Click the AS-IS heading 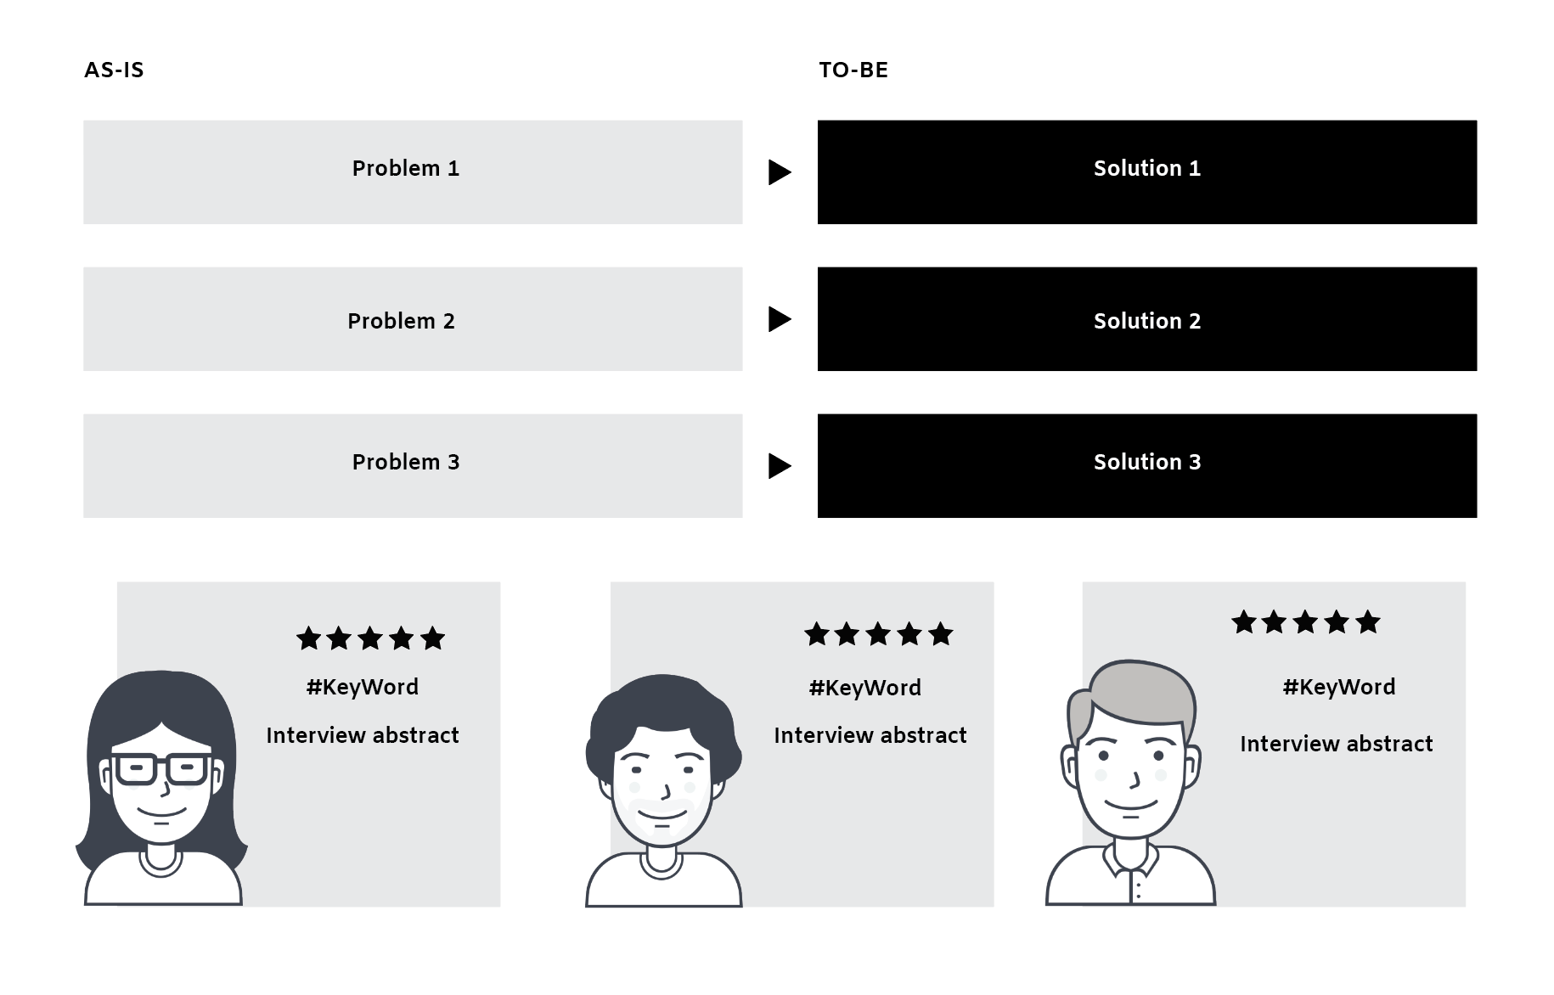coord(114,70)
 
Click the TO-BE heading coord(853,70)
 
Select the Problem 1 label coord(406,168)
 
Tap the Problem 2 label coord(401,321)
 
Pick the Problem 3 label coord(406,462)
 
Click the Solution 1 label coord(1146,168)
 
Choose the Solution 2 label coord(1146,321)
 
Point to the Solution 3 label coord(1146,462)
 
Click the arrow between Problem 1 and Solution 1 coord(779,172)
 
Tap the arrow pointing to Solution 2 coord(779,319)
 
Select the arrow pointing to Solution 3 coord(779,466)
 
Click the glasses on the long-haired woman coord(160,769)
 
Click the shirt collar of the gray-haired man coord(1130,859)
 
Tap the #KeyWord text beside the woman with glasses coord(363,687)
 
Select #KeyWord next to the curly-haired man coord(864,688)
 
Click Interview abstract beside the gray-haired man coord(1336,744)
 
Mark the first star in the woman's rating coord(309,638)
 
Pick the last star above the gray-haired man coord(1367,622)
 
